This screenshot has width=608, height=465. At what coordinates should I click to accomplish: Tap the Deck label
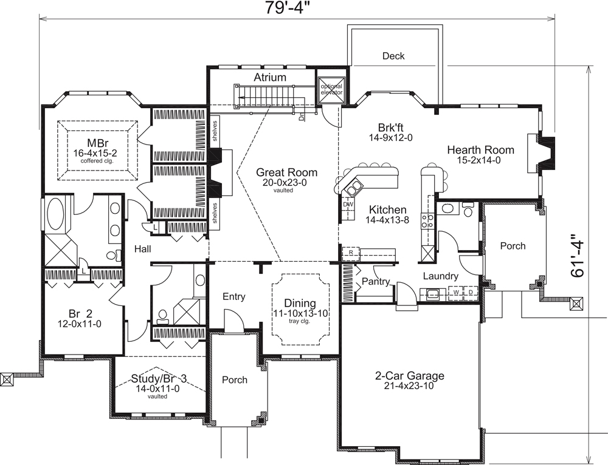(x=393, y=56)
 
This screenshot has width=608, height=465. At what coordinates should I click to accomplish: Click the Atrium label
(x=270, y=77)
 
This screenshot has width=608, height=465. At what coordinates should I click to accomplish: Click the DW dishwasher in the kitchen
(x=348, y=204)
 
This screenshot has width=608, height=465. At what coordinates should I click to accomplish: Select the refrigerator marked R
(x=351, y=251)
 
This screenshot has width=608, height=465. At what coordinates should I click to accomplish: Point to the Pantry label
(x=376, y=281)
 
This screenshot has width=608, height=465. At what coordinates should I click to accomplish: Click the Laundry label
(x=441, y=276)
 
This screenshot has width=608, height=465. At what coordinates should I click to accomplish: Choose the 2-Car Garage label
(x=410, y=376)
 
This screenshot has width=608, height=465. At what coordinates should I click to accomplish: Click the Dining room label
(x=300, y=303)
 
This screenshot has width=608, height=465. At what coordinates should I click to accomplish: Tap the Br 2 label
(x=80, y=314)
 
